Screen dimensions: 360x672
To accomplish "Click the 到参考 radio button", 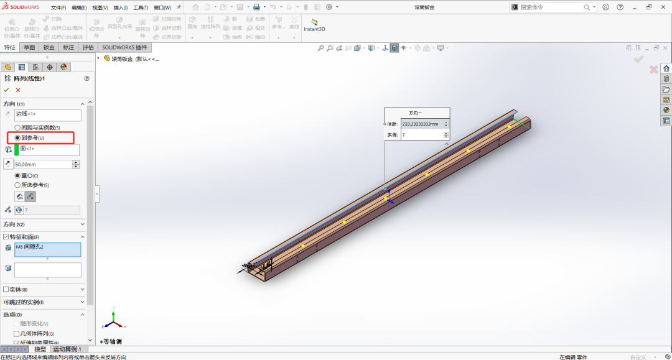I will [17, 137].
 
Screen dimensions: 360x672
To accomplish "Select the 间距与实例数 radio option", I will [17, 127].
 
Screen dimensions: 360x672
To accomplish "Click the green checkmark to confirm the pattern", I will [6, 90].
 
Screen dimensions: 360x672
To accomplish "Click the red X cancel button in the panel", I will [18, 90].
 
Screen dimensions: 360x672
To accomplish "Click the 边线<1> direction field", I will [48, 115].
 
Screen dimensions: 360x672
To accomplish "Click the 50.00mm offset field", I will [42, 164].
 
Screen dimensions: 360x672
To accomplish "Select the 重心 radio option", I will [17, 175].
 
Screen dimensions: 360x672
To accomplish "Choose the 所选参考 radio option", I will [17, 185].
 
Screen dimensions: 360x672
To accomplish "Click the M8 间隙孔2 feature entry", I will [48, 249].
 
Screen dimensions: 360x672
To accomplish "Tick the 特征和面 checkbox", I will [6, 237].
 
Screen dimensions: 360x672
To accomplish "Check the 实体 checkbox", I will [6, 289].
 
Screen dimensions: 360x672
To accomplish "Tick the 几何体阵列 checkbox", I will [16, 334].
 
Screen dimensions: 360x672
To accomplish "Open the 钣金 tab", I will [49, 47].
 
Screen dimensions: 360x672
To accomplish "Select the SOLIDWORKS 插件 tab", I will [124, 47].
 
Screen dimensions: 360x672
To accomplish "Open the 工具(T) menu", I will [141, 7].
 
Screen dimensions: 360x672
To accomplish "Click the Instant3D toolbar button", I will [314, 25].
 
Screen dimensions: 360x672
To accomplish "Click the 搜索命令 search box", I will [551, 7].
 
